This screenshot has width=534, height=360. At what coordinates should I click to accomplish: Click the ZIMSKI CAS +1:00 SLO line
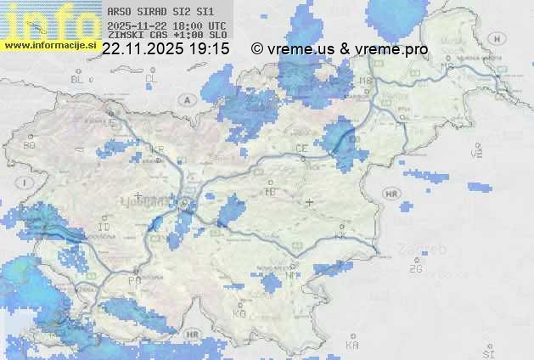pyautogui.click(x=166, y=37)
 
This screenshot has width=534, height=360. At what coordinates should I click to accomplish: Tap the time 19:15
pyautogui.click(x=209, y=49)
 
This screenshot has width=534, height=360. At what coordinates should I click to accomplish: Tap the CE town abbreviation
pyautogui.click(x=301, y=148)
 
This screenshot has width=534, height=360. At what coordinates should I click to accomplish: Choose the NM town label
pyautogui.click(x=293, y=273)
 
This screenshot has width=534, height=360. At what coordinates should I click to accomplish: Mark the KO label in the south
pyautogui.click(x=239, y=314)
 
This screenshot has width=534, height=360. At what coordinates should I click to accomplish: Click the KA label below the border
pyautogui.click(x=352, y=345)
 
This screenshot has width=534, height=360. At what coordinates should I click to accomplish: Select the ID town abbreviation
pyautogui.click(x=104, y=228)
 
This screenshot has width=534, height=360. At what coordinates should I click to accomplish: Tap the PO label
pyautogui.click(x=134, y=279)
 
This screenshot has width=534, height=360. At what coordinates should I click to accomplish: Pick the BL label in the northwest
pyautogui.click(x=78, y=79)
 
